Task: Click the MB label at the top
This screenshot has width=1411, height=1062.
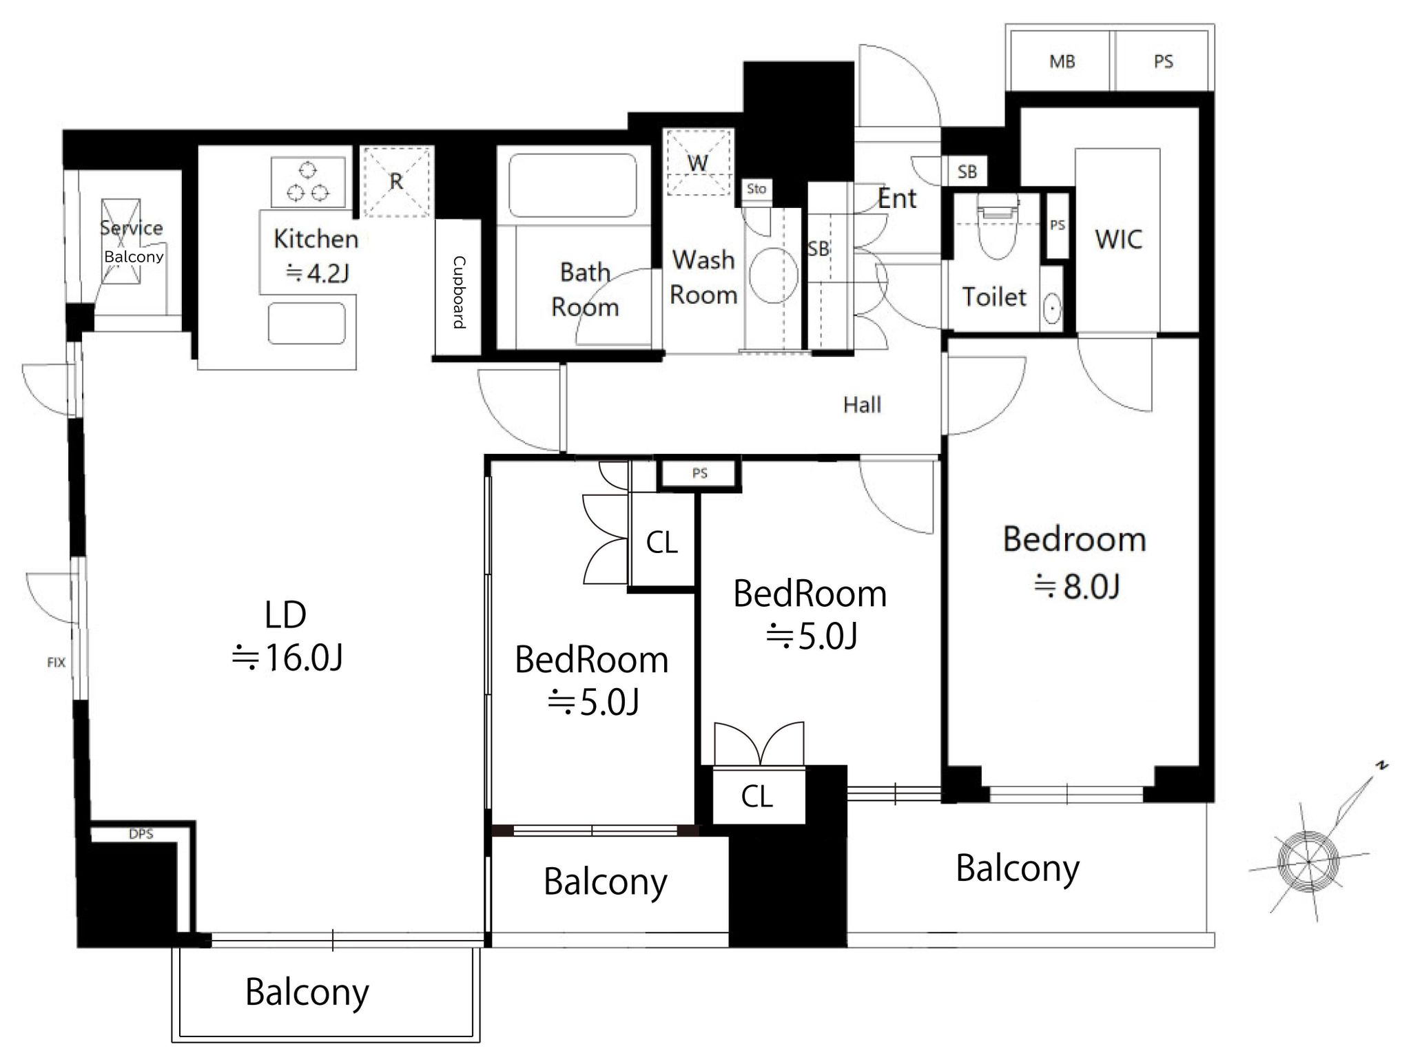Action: (x=1062, y=62)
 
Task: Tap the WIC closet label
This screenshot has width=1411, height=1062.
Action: (x=1118, y=240)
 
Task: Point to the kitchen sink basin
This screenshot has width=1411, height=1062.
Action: (x=307, y=323)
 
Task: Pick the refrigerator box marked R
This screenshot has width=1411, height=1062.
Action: (x=397, y=181)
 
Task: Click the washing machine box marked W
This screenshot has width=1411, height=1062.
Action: (x=698, y=163)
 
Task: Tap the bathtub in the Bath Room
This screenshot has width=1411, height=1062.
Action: (x=572, y=185)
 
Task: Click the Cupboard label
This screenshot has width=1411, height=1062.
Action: (x=458, y=292)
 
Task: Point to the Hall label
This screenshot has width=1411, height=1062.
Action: (x=862, y=405)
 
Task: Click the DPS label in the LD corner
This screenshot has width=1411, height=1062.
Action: (x=141, y=834)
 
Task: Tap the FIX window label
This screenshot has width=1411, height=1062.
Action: (x=56, y=663)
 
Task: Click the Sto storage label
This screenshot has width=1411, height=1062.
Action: (x=756, y=189)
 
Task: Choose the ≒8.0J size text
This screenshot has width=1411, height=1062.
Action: (x=1076, y=587)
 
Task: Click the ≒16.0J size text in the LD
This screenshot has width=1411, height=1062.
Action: (x=287, y=658)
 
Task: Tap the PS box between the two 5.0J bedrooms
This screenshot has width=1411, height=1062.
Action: (x=699, y=474)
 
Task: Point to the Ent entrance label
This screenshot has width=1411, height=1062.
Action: (x=897, y=199)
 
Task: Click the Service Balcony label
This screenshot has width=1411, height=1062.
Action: (x=132, y=241)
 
